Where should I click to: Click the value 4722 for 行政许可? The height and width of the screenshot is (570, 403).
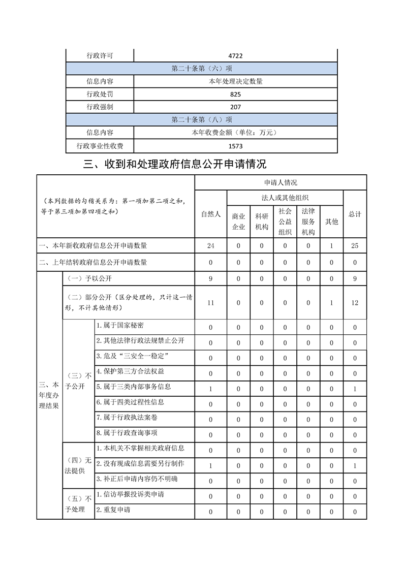click(x=235, y=56)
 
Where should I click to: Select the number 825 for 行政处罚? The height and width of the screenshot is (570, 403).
click(x=235, y=94)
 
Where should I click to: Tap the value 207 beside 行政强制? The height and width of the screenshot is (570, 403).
click(x=235, y=107)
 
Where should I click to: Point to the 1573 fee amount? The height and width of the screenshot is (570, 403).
click(x=235, y=146)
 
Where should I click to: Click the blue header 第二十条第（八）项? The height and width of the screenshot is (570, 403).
click(x=202, y=120)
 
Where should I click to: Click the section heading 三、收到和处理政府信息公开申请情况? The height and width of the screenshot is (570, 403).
click(x=175, y=165)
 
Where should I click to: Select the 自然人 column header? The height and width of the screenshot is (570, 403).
click(x=211, y=214)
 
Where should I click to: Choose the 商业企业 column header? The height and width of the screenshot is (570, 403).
click(x=238, y=221)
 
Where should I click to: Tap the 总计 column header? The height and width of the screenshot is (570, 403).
click(x=355, y=214)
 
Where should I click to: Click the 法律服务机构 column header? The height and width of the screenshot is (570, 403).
click(x=308, y=221)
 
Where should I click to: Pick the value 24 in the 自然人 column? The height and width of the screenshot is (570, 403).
click(x=211, y=246)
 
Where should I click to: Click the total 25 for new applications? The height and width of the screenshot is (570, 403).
click(x=355, y=246)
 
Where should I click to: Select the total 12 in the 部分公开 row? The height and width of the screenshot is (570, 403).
click(x=355, y=303)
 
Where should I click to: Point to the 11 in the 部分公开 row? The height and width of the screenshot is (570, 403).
click(x=211, y=303)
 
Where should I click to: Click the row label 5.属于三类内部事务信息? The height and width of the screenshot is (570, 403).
click(x=134, y=387)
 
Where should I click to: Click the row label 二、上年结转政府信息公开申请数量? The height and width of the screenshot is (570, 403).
click(x=93, y=263)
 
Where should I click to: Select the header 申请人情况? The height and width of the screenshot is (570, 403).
click(x=281, y=182)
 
